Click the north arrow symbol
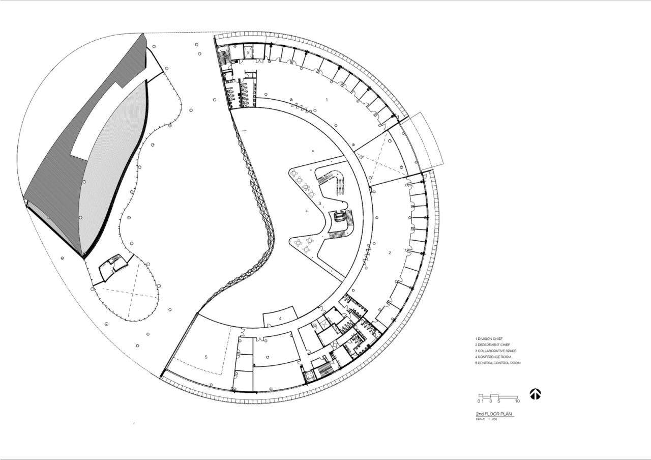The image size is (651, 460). pyautogui.click(x=535, y=394)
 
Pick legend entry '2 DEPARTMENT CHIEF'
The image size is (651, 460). pyautogui.click(x=493, y=344)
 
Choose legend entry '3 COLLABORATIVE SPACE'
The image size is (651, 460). pyautogui.click(x=495, y=351)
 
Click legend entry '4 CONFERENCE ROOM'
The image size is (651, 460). pyautogui.click(x=493, y=357)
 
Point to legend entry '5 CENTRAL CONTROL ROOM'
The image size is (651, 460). pyautogui.click(x=498, y=363)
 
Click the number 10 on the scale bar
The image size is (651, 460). pyautogui.click(x=517, y=401)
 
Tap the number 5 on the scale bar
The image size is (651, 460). pyautogui.click(x=498, y=401)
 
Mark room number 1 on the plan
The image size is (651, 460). pyautogui.click(x=327, y=100)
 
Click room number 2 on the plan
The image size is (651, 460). pyautogui.click(x=390, y=252)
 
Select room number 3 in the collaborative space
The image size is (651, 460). pyautogui.click(x=319, y=204)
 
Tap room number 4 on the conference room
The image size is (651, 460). pyautogui.click(x=280, y=319)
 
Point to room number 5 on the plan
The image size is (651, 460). pyautogui.click(x=206, y=357)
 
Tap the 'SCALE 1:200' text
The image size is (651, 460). pyautogui.click(x=487, y=419)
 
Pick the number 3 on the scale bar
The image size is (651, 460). pyautogui.click(x=490, y=401)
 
